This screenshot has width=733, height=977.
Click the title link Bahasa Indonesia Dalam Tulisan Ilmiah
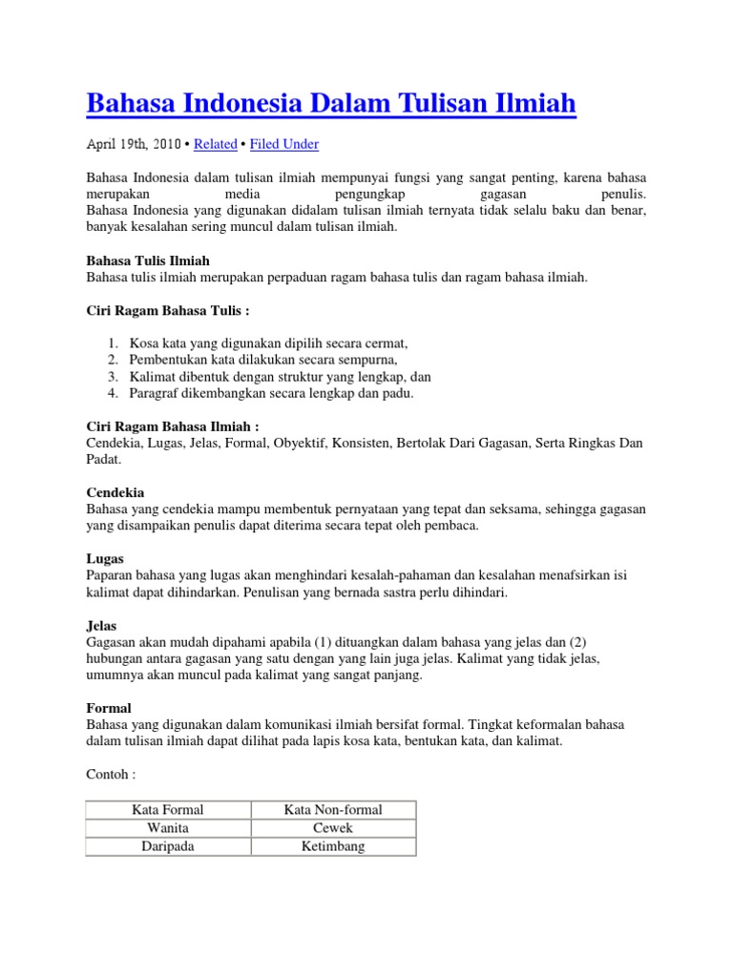331,103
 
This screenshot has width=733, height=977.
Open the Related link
215,144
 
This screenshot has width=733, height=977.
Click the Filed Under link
284,144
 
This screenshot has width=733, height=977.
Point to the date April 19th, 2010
134,144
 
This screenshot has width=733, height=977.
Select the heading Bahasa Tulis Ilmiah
148,260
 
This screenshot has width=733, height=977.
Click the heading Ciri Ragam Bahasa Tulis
168,310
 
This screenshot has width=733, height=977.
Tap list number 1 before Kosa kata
112,343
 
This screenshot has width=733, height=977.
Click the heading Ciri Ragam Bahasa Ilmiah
173,426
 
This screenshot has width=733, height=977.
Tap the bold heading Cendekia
115,492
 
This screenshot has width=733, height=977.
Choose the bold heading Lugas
105,558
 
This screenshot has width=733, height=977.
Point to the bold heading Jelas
102,625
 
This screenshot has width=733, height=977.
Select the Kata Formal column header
168,810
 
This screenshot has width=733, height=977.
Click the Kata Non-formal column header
333,810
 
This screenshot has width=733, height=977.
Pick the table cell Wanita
168,828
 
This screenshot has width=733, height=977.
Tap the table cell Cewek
333,828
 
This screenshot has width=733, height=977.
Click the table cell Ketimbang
333,846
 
